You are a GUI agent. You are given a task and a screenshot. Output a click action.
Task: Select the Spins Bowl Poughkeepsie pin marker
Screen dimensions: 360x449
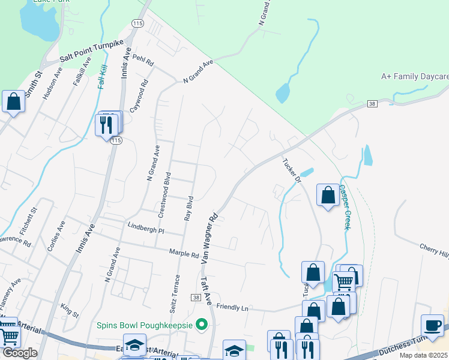[x=202, y=325]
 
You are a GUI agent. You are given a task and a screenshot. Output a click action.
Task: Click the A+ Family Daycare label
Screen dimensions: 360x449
[x=415, y=77]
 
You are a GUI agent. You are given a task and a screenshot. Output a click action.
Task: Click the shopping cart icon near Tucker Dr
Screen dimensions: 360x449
[x=343, y=281]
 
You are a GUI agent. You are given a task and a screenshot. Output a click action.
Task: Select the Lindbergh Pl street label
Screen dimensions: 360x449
[x=146, y=229]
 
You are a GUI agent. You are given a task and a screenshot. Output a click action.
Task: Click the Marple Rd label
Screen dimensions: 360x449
[x=184, y=254]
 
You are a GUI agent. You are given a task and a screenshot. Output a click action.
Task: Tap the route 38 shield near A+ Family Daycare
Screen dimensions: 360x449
[x=372, y=104]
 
